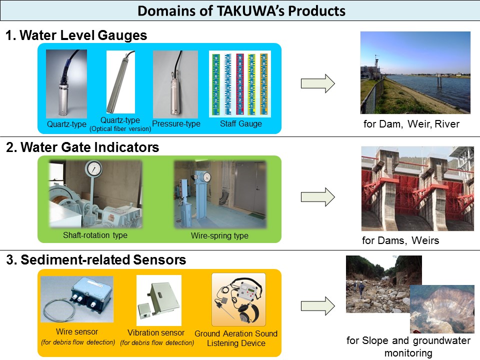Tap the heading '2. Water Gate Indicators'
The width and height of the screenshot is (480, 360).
(x=82, y=147)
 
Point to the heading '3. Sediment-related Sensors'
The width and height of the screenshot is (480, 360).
(x=96, y=260)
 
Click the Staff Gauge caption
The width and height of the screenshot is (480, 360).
(x=241, y=123)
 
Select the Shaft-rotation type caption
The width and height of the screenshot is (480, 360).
(x=95, y=235)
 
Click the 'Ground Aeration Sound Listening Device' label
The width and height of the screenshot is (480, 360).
(x=235, y=338)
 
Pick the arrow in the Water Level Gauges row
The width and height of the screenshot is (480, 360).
(x=317, y=83)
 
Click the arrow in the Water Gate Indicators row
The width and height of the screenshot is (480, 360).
(x=317, y=196)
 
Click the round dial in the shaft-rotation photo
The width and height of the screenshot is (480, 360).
(x=93, y=170)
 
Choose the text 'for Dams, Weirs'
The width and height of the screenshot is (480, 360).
(x=400, y=240)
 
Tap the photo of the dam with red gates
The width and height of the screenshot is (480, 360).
(x=417, y=188)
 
